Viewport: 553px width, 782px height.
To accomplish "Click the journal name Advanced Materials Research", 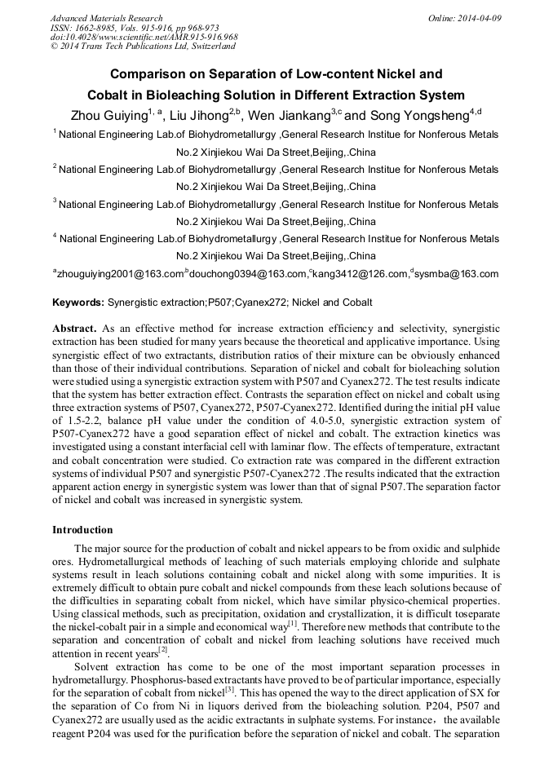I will (106, 18).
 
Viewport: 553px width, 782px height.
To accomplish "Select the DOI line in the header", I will (144, 37).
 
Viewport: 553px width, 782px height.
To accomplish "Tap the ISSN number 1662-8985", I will (96, 28).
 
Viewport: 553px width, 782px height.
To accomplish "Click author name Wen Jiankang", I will (292, 115).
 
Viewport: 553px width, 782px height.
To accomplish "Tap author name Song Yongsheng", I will (421, 115).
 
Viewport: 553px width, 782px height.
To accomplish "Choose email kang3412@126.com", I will (360, 274).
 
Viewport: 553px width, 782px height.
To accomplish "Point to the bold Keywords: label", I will (78, 303).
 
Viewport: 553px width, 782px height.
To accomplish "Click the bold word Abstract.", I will (74, 327).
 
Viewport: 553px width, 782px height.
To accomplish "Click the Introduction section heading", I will (82, 530).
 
